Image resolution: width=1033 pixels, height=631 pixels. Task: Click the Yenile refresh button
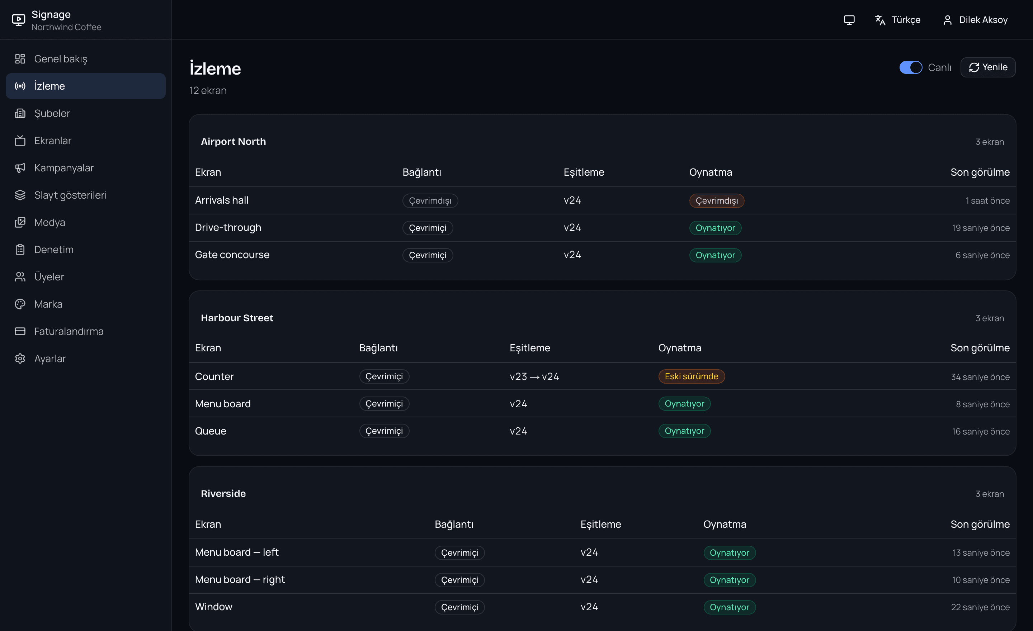tap(988, 67)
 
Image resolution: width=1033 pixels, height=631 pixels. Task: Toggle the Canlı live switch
tap(911, 67)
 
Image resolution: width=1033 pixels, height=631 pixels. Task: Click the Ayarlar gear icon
tap(20, 359)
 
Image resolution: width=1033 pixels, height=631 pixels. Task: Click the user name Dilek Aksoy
tap(983, 20)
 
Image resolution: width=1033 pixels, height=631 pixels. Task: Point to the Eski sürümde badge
tap(691, 376)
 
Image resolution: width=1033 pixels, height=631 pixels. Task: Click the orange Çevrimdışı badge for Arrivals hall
tap(717, 201)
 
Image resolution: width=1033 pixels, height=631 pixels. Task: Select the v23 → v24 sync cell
tap(534, 377)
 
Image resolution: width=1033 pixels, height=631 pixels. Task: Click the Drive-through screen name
tap(228, 228)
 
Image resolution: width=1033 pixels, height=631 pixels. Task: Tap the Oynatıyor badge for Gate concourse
tap(715, 255)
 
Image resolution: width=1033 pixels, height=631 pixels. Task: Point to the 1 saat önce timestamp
tap(987, 201)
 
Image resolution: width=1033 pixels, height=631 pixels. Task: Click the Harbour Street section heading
tap(237, 318)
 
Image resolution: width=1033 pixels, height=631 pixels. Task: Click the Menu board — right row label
tap(240, 579)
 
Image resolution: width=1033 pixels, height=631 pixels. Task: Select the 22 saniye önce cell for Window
tap(980, 607)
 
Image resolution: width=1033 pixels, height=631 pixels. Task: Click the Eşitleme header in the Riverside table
tap(600, 524)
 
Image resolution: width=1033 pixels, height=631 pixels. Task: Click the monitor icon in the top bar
tap(849, 20)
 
